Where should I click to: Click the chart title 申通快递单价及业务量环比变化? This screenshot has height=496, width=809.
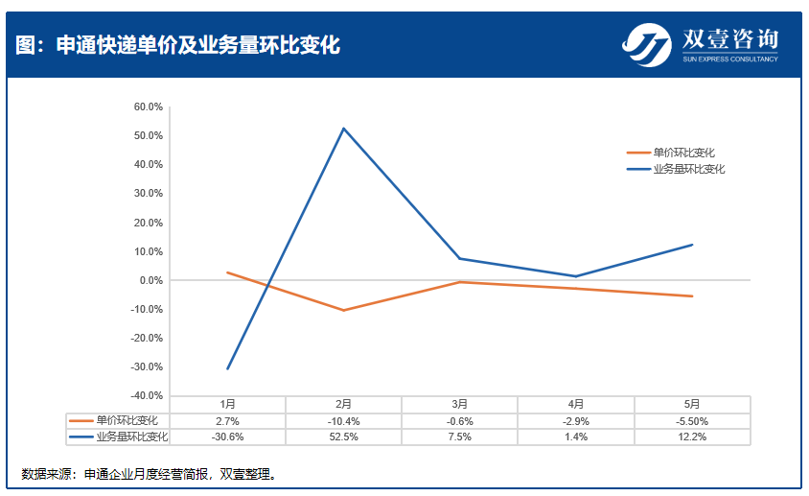(178, 45)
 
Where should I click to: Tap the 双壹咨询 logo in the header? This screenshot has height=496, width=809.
(700, 44)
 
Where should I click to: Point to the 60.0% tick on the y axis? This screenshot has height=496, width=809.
(149, 106)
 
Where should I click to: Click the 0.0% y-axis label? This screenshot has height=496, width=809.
(151, 280)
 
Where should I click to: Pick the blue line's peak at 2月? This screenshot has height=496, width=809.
(343, 129)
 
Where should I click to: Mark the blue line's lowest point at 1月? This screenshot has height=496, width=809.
(227, 368)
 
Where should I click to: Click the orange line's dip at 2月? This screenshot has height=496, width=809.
(343, 310)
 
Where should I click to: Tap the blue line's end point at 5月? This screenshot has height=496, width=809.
(692, 245)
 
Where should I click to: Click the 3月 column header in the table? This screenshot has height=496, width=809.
(460, 404)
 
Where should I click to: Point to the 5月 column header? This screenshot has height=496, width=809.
(692, 404)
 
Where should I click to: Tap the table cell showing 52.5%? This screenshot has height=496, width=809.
(343, 437)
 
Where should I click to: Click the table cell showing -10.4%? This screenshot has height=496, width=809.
(343, 421)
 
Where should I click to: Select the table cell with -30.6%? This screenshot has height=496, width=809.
(227, 437)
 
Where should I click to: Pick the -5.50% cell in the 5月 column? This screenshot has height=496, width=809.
(692, 421)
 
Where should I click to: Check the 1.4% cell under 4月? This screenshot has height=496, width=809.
(576, 437)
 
